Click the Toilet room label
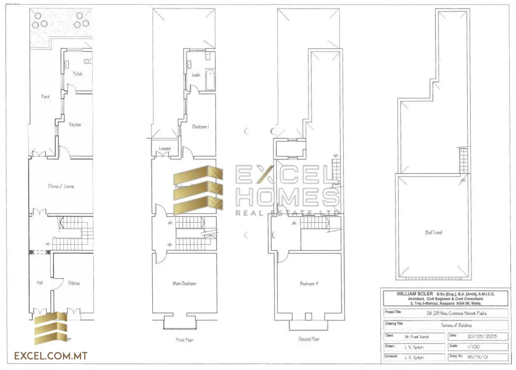click(x=77, y=74)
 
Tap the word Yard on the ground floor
click(x=45, y=96)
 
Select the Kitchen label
click(x=75, y=125)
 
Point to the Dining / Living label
click(x=61, y=186)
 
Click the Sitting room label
click(x=74, y=283)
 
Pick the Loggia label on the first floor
click(x=164, y=148)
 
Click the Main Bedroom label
click(x=184, y=284)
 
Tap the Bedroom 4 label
click(x=308, y=284)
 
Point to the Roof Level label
click(x=433, y=232)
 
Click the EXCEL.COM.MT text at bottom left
click(x=51, y=356)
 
